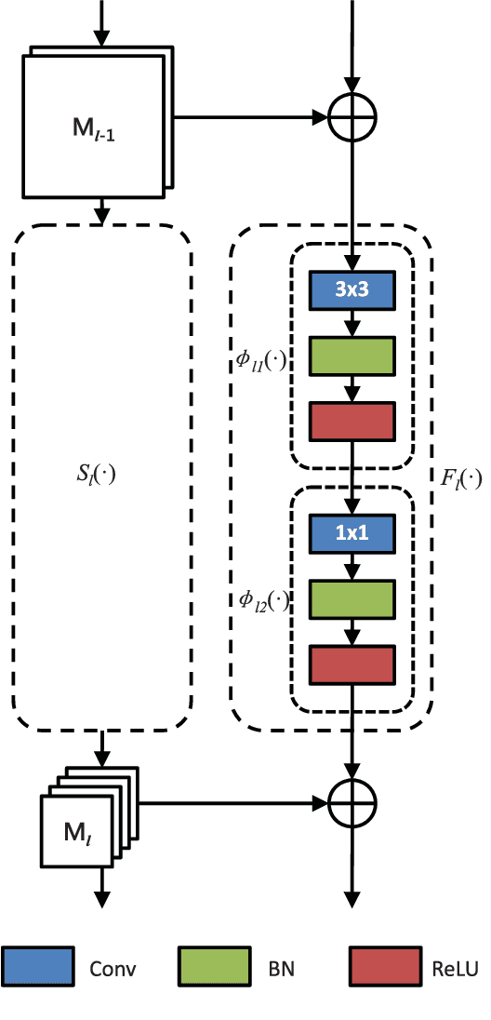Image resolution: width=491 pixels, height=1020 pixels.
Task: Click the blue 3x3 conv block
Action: click(352, 292)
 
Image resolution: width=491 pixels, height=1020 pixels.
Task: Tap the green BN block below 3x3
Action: click(352, 355)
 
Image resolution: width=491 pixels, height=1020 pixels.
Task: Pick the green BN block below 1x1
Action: click(352, 600)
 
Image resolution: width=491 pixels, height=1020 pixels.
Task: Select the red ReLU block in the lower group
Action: click(352, 664)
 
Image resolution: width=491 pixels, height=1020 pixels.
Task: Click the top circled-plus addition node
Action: click(352, 118)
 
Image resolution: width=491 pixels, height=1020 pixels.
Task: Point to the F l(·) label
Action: click(459, 480)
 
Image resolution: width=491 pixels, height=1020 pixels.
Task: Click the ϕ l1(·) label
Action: click(261, 361)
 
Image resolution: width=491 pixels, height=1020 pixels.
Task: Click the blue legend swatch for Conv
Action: click(37, 967)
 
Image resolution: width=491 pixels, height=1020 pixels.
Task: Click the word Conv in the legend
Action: click(113, 969)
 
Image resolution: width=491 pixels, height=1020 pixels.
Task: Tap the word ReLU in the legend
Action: click(456, 969)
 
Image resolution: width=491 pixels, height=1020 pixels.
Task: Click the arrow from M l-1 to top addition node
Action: click(251, 118)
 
